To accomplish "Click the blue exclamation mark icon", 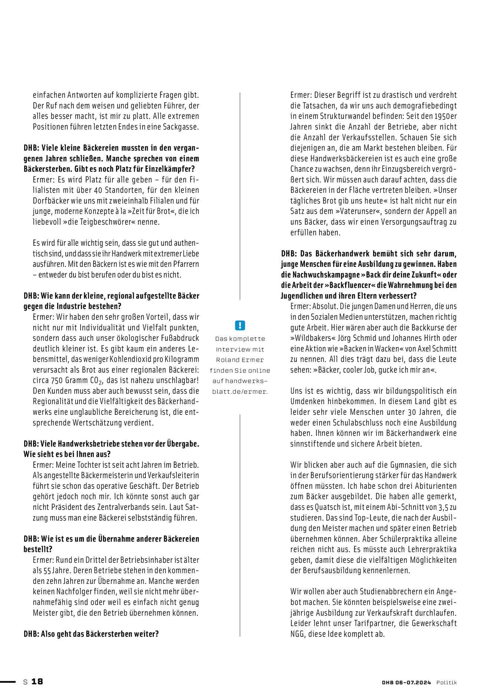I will tap(240, 325).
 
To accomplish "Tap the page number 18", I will tap(37, 682).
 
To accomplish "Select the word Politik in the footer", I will tap(446, 682).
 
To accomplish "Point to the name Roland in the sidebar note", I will tap(226, 360).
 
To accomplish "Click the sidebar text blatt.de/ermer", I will tap(240, 391).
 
